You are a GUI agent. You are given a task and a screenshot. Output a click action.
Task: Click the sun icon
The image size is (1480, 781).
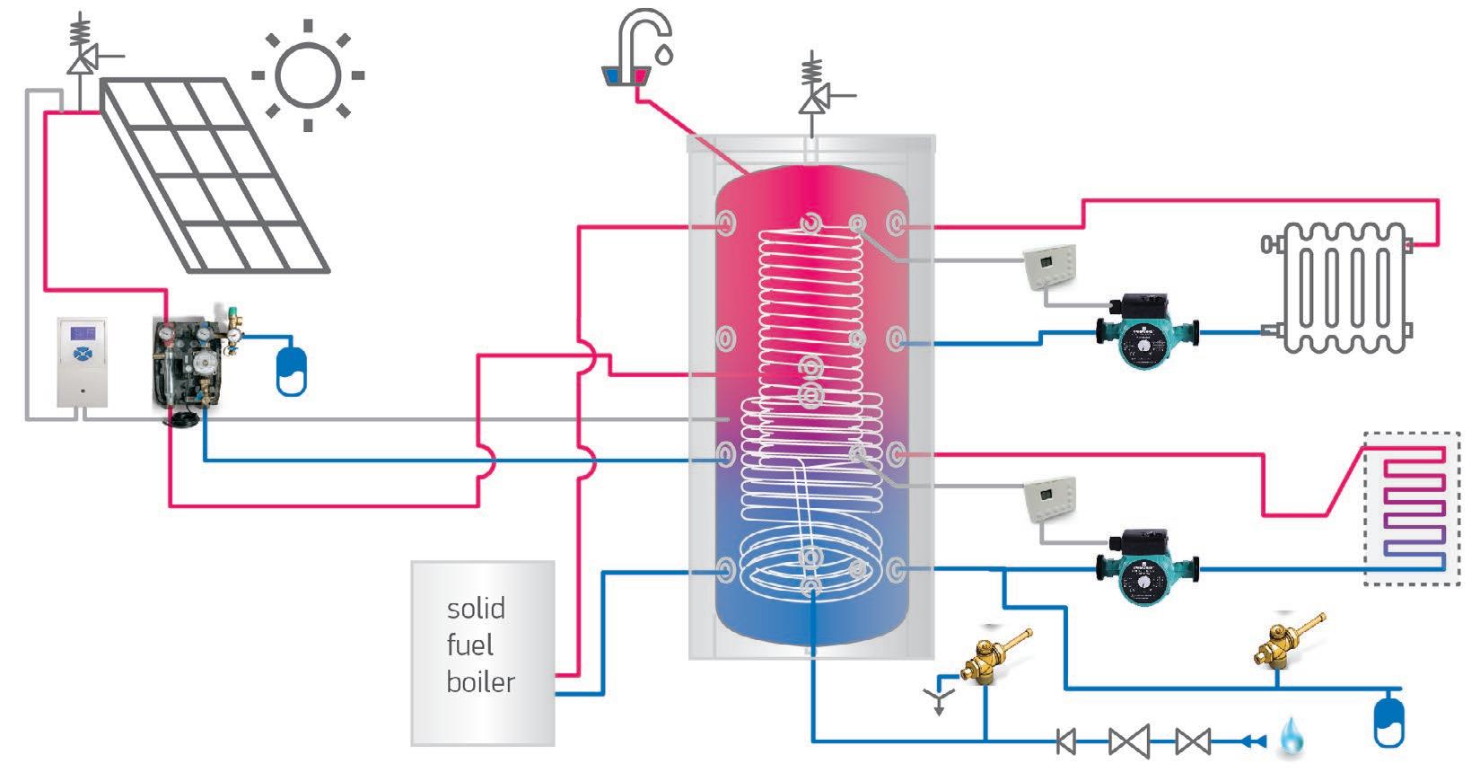click(x=308, y=75)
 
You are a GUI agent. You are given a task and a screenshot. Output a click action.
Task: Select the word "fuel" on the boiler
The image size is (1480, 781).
click(x=469, y=645)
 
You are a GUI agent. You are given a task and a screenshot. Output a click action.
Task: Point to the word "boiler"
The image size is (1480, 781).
click(x=480, y=681)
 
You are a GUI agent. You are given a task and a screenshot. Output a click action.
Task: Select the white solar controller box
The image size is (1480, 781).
click(x=82, y=362)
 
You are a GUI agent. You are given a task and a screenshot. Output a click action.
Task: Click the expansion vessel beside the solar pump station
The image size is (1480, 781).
click(x=292, y=369)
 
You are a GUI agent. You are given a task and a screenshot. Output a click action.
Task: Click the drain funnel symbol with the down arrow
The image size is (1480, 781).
click(x=939, y=698)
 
